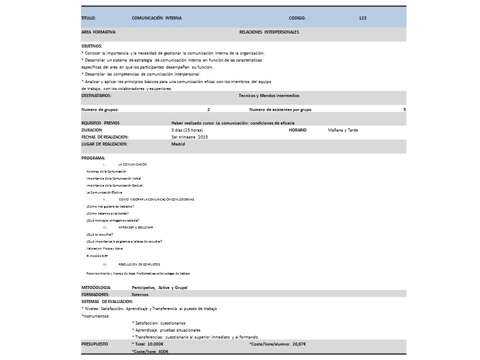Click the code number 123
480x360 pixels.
click(362, 18)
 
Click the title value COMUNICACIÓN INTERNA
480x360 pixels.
click(156, 18)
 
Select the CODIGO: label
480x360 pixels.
click(297, 18)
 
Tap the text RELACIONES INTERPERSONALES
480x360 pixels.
click(269, 32)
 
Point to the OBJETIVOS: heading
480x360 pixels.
click(91, 46)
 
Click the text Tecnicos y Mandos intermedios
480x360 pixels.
click(269, 95)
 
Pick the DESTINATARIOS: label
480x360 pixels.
click(96, 95)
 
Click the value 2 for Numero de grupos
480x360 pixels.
click(208, 109)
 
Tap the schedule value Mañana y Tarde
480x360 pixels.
click(343, 130)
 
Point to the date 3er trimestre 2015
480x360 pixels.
click(189, 136)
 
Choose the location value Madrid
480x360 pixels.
click(178, 144)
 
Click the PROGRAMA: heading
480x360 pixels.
click(93, 158)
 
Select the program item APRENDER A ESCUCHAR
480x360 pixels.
click(136, 227)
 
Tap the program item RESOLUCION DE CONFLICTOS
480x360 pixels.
click(139, 264)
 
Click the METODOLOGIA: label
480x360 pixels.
click(96, 287)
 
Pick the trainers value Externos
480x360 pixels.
click(140, 294)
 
